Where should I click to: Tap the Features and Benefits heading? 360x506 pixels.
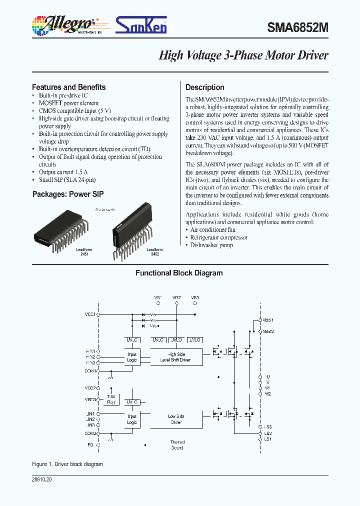(68, 87)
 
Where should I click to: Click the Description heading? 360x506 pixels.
(204, 87)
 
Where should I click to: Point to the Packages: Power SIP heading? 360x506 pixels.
(68, 194)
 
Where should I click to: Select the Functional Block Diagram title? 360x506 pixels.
(179, 273)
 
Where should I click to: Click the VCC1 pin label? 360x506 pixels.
(90, 314)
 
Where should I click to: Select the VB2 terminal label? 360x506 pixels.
(176, 297)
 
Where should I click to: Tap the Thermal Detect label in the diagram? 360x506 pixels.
(177, 445)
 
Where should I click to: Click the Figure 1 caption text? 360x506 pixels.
(67, 464)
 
